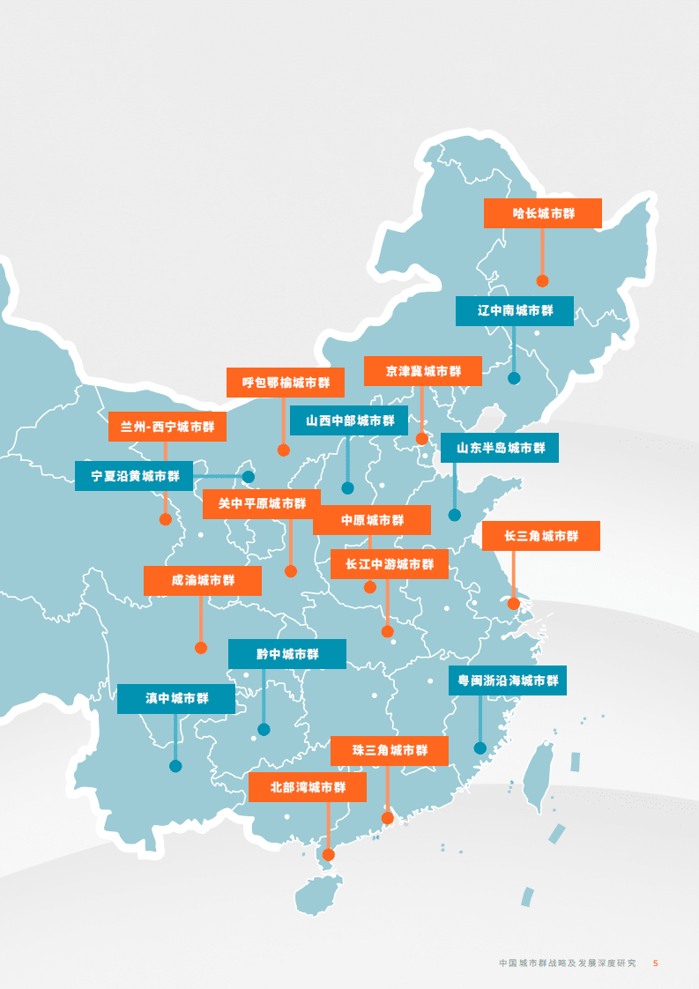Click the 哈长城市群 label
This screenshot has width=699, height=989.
click(543, 213)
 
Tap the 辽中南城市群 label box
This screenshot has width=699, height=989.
click(515, 310)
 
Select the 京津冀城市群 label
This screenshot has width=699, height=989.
click(423, 371)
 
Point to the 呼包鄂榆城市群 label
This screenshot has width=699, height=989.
click(286, 383)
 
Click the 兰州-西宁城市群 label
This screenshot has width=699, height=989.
click(167, 427)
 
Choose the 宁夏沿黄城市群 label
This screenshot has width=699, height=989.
click(134, 476)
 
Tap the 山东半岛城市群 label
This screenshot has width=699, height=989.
click(500, 448)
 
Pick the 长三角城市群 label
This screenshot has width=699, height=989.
click(541, 536)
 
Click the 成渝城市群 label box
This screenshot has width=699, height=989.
click(203, 581)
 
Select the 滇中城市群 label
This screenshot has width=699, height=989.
click(176, 699)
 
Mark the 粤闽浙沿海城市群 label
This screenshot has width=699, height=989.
click(508, 680)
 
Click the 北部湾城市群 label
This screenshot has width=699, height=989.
click(307, 787)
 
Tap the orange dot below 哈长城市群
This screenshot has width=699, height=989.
click(542, 281)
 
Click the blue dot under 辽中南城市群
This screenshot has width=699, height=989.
click(514, 378)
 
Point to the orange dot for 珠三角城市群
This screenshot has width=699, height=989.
click(387, 818)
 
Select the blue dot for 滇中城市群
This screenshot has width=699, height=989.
click(175, 766)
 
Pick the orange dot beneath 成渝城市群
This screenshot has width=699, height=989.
click(201, 648)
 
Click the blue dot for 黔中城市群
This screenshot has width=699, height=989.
click(264, 729)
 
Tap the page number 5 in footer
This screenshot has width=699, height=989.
click(655, 963)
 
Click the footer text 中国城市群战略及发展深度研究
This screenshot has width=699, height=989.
click(567, 963)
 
